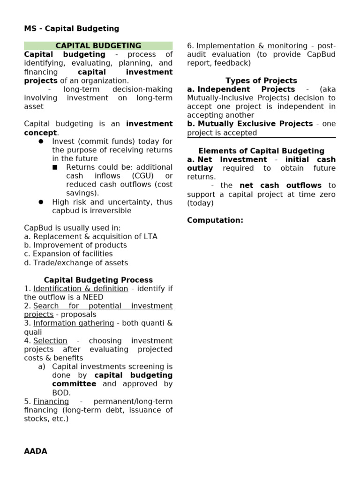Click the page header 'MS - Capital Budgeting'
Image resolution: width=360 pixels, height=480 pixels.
tap(71, 29)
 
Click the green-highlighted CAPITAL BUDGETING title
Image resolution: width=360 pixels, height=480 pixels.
tap(98, 46)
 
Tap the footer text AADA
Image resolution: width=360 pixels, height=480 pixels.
tap(36, 451)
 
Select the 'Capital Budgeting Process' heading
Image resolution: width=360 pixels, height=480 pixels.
tap(98, 280)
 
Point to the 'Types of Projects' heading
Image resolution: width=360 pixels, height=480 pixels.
tap(261, 81)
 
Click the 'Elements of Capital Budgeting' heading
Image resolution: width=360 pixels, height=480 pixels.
tap(261, 151)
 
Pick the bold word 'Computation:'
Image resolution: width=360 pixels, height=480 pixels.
tap(215, 220)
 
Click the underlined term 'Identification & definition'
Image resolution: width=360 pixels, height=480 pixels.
tap(81, 289)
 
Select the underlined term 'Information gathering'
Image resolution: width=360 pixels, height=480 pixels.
tap(74, 323)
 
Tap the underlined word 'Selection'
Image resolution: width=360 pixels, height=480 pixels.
tap(50, 341)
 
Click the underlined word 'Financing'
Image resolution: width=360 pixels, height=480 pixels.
tap(51, 402)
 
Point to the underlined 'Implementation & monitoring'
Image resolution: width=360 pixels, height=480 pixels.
tap(252, 46)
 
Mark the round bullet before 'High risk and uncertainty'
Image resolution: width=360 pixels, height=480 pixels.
tap(41, 202)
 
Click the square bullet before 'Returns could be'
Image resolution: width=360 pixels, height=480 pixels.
tap(55, 167)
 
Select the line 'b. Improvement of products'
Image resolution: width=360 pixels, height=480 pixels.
tap(75, 245)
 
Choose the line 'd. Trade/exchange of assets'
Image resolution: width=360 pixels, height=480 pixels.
tap(76, 263)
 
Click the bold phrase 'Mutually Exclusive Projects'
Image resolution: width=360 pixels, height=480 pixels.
tap(255, 124)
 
